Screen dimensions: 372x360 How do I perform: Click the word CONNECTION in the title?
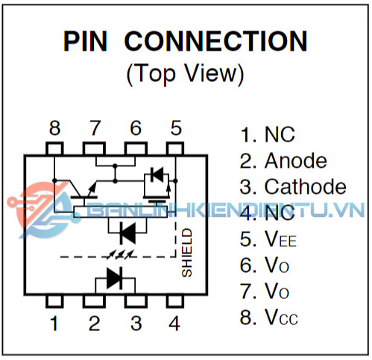pos(216,41)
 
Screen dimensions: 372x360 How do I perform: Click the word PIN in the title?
pos(85,41)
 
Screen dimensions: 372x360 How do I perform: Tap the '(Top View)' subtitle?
pos(186,74)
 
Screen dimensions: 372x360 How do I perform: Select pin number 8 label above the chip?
pos(54,128)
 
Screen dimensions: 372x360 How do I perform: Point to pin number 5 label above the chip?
pos(176,128)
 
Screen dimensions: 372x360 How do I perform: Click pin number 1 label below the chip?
pos(54,323)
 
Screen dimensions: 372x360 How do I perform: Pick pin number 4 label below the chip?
pos(174,323)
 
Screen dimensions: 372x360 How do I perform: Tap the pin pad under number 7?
pos(94,148)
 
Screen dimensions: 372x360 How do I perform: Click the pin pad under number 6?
pos(136,148)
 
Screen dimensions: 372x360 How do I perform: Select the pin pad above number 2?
pos(94,301)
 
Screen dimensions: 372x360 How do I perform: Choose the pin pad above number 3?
pos(136,301)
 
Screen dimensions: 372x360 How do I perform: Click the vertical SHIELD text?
pos(187,253)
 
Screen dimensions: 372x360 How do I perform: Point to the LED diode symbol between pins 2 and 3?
pos(115,278)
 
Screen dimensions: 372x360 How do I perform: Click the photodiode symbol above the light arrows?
pos(127,233)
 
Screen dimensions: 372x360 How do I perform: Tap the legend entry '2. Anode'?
pos(283,160)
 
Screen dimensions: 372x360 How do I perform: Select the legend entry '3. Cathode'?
pos(293,186)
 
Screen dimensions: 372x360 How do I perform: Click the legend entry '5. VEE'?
pos(268,239)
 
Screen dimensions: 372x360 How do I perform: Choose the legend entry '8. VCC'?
pos(269,317)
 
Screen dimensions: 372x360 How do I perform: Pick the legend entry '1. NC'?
pos(268,134)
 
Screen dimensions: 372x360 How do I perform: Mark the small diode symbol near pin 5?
pos(157,174)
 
